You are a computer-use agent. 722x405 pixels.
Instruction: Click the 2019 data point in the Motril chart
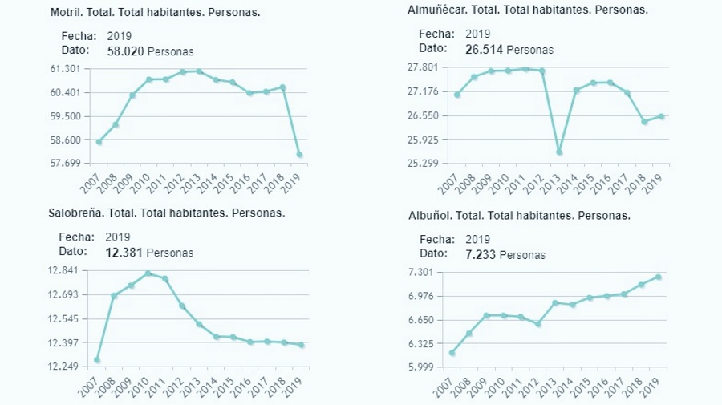[299, 154]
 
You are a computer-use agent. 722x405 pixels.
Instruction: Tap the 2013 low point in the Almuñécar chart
[559, 152]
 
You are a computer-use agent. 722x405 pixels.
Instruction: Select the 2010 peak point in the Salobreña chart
[148, 273]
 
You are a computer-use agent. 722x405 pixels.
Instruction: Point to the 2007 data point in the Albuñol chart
[452, 353]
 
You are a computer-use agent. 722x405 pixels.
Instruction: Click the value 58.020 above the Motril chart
[125, 51]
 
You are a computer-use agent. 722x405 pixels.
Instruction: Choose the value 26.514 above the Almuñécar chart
[484, 49]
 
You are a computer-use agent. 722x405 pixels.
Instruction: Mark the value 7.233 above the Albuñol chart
[481, 254]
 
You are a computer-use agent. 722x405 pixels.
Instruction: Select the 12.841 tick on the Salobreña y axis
[64, 271]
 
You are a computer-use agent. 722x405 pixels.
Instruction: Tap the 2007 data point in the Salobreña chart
[97, 360]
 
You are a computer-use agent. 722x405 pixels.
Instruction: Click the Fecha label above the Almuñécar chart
[436, 34]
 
